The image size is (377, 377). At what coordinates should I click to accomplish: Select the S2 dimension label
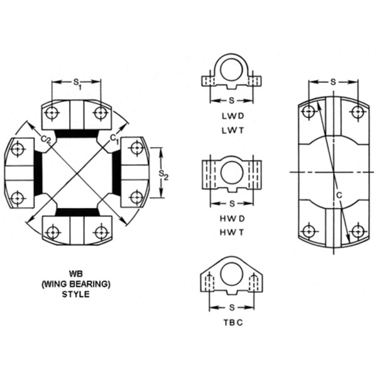click(163, 173)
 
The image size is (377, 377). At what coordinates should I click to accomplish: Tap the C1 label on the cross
click(114, 137)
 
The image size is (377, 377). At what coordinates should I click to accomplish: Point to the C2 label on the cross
click(45, 139)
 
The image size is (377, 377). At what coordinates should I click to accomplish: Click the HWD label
click(232, 218)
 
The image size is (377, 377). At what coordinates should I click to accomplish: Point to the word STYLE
click(76, 293)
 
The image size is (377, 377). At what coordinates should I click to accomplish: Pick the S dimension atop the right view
click(332, 82)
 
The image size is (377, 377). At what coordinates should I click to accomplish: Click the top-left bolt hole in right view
click(308, 112)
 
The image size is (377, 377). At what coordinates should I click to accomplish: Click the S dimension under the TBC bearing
click(232, 308)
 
